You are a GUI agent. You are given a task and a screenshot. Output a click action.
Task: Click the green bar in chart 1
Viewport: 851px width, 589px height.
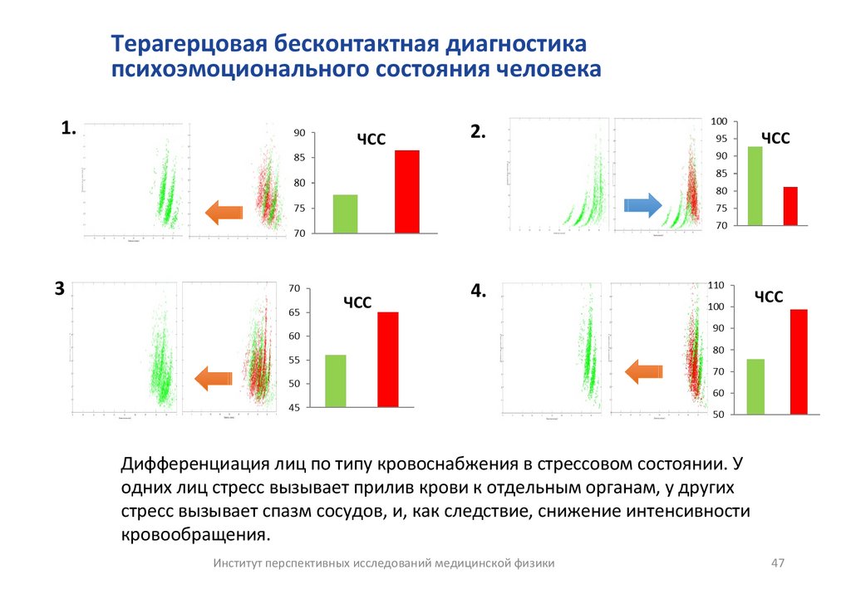click(x=345, y=214)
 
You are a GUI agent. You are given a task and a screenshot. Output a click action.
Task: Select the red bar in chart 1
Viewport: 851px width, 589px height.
click(x=406, y=191)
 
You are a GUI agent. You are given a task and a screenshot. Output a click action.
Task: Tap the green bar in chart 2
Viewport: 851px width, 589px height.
click(x=755, y=185)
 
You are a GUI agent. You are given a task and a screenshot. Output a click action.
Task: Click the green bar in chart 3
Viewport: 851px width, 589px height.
click(x=336, y=380)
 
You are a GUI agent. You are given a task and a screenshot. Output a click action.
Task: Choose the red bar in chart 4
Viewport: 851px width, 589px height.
click(x=799, y=361)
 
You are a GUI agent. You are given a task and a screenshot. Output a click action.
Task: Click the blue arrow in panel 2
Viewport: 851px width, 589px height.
click(x=642, y=204)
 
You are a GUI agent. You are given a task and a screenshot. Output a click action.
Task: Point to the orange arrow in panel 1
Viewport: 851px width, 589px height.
click(x=224, y=212)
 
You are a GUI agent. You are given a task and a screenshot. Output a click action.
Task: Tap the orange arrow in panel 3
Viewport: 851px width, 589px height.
click(x=214, y=379)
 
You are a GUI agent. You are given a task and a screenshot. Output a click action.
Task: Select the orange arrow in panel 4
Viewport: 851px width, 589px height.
click(x=644, y=371)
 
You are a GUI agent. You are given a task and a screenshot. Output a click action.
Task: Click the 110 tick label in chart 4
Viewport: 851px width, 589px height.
click(x=716, y=285)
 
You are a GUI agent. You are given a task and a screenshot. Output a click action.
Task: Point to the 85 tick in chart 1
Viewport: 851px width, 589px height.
click(x=300, y=158)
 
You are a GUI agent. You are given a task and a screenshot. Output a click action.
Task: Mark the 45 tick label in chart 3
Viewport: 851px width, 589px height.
click(x=293, y=408)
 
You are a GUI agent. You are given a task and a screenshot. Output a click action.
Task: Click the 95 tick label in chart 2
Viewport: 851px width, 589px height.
click(x=720, y=139)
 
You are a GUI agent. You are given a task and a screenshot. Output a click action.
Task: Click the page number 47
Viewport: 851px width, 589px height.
click(x=778, y=563)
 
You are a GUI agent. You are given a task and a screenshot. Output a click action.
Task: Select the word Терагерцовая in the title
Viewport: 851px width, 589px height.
click(x=188, y=43)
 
